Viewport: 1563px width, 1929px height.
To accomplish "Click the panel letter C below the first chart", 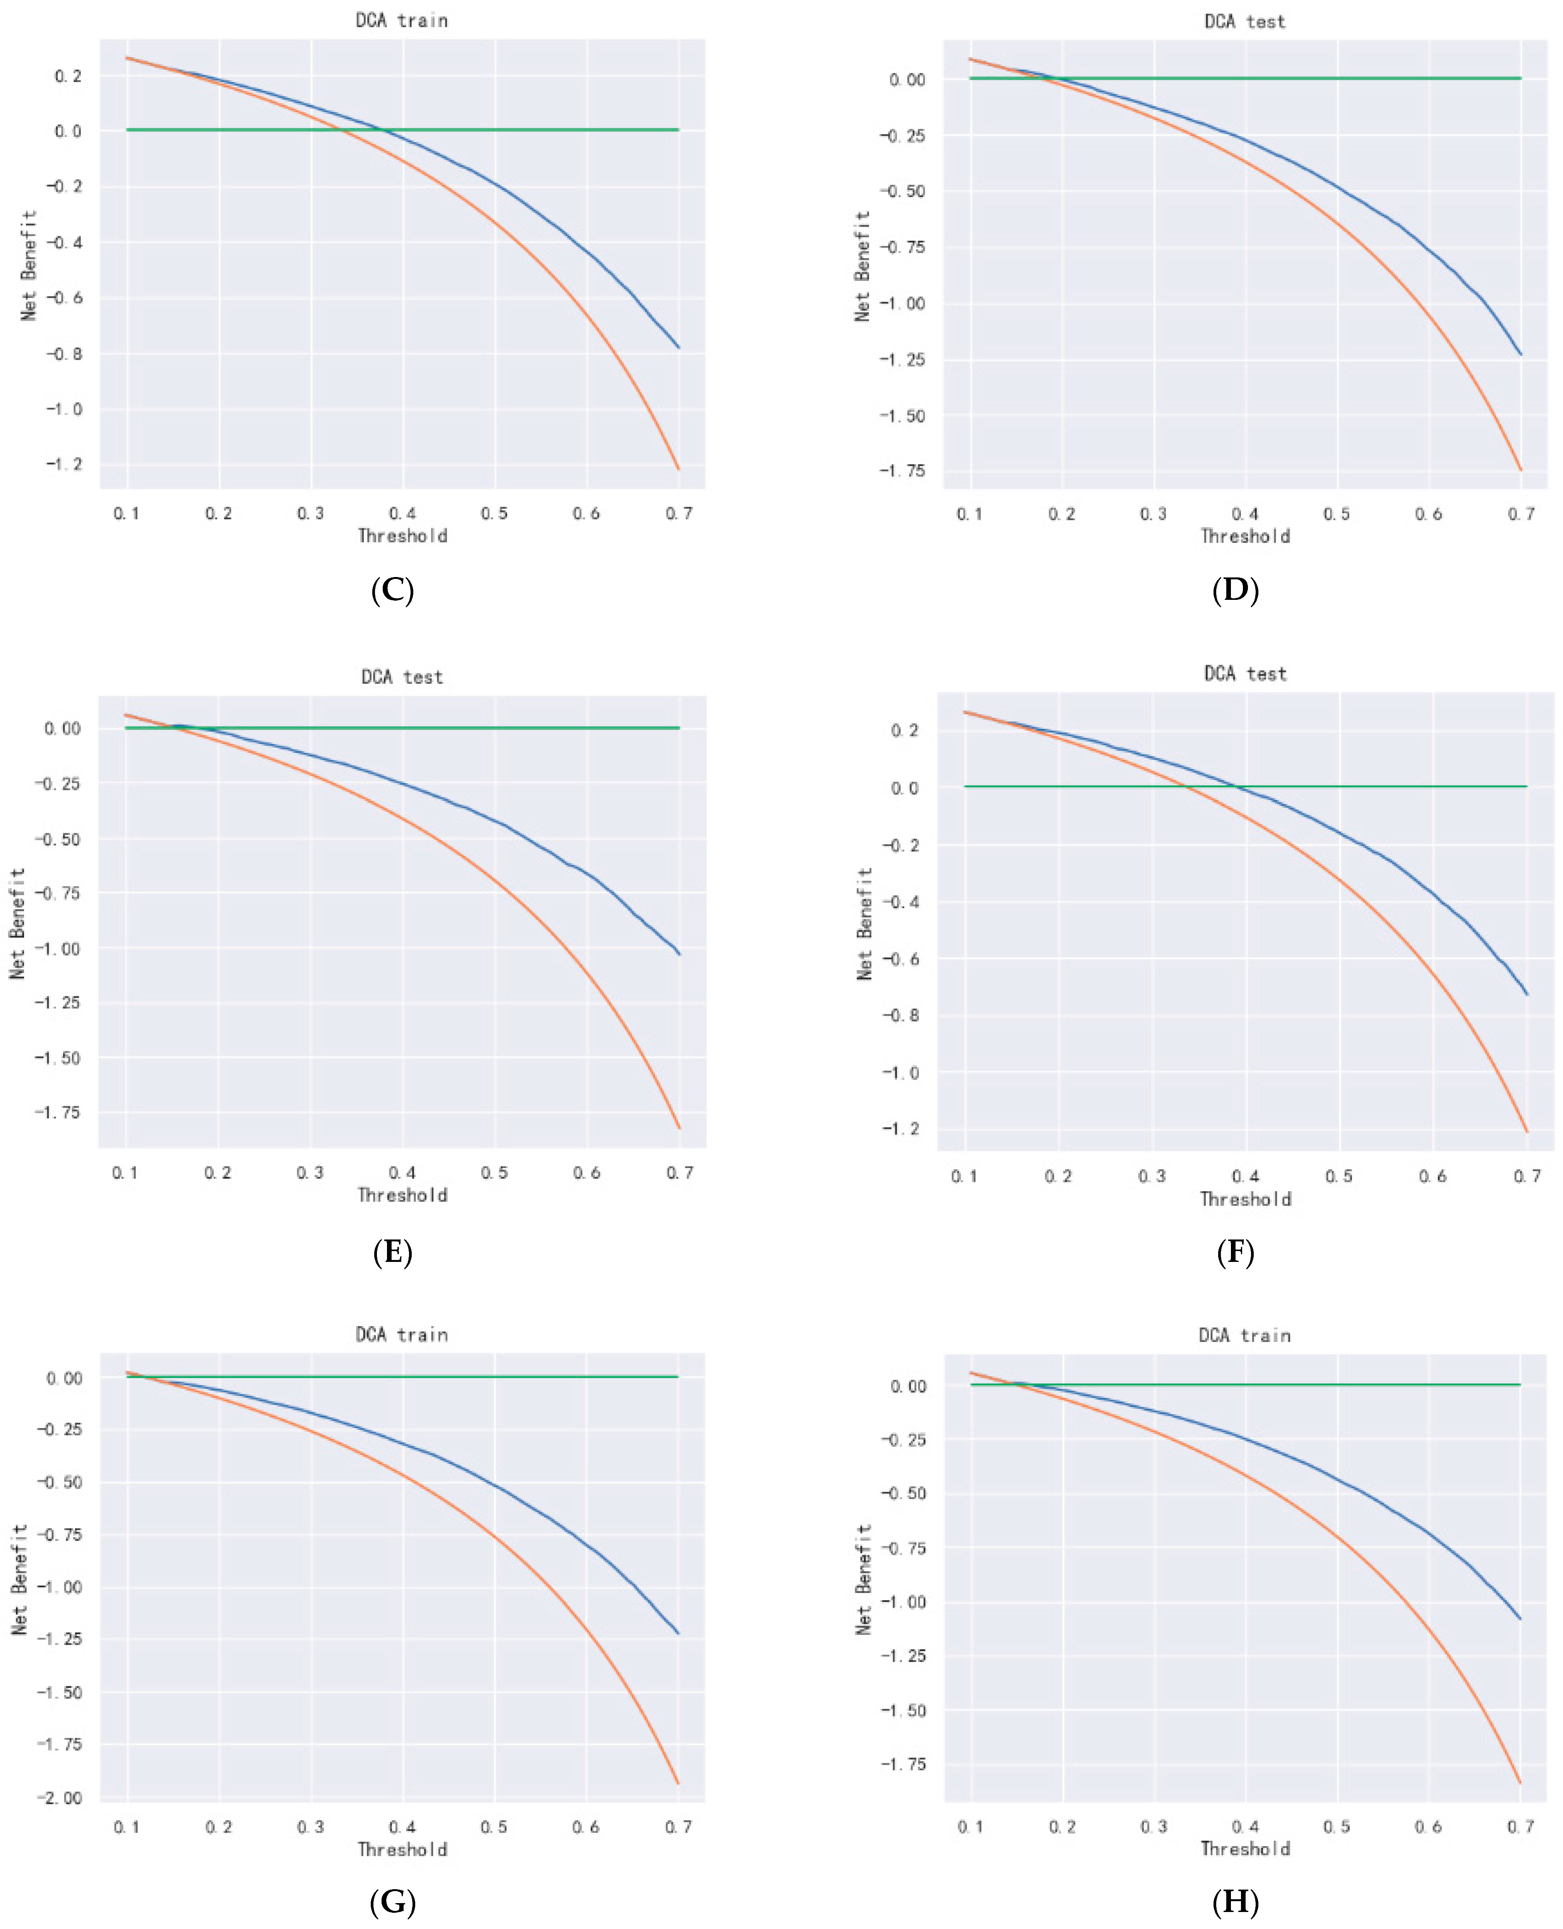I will [x=392, y=591].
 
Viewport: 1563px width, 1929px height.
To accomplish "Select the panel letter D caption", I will [x=1235, y=591].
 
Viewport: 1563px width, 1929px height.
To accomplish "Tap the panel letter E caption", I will [x=392, y=1252].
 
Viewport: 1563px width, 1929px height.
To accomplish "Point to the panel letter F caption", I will [x=1235, y=1252].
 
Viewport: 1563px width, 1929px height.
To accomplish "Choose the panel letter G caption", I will [x=392, y=1902].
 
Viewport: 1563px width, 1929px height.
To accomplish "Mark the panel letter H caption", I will [x=1235, y=1902].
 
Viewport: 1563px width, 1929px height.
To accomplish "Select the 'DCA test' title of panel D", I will [x=1245, y=22].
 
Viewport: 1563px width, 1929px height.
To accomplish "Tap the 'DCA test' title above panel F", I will [x=1245, y=673].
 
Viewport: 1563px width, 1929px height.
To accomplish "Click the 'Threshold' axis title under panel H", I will [x=1245, y=1848].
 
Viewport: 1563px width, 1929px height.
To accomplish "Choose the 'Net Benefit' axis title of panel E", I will [x=17, y=923].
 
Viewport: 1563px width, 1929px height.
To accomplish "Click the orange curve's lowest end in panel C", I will [x=678, y=468].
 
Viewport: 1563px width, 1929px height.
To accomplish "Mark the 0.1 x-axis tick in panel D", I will [x=970, y=514].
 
